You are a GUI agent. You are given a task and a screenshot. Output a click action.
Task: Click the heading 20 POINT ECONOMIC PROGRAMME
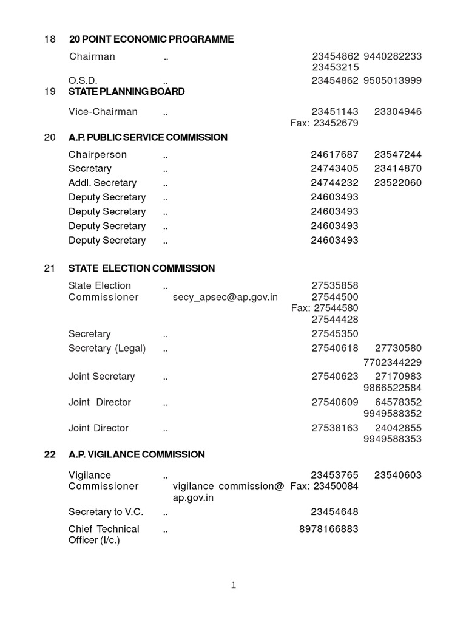[151, 39]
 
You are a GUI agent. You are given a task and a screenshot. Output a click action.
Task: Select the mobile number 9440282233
[393, 56]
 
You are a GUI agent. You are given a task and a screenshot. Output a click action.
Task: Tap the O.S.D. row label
[83, 81]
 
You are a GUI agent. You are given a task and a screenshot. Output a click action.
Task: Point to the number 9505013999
[393, 81]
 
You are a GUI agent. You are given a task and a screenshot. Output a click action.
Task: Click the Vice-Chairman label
[103, 112]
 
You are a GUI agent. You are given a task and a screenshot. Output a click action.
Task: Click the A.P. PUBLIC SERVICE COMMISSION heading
[148, 137]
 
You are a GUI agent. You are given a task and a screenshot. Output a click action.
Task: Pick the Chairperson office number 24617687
[334, 155]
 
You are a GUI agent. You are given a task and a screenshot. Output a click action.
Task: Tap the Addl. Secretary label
[103, 183]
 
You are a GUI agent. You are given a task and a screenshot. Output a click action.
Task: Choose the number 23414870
[398, 169]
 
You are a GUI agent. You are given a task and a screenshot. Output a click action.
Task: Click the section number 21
[50, 268]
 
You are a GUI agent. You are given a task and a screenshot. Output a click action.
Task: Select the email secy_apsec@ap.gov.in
[225, 297]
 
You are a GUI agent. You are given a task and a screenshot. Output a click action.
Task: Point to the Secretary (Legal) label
[107, 349]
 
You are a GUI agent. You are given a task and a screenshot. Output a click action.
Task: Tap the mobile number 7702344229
[393, 363]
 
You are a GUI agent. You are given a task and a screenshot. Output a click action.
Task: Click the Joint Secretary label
[101, 377]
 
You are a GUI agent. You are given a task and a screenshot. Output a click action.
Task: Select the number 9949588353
[393, 439]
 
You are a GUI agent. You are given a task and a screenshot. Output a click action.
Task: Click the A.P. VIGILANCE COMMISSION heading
[137, 454]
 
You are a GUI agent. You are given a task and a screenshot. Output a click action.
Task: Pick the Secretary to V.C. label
[106, 512]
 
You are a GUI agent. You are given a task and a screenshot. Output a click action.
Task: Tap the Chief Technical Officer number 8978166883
[328, 529]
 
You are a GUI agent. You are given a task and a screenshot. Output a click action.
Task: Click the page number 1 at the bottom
[233, 586]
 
